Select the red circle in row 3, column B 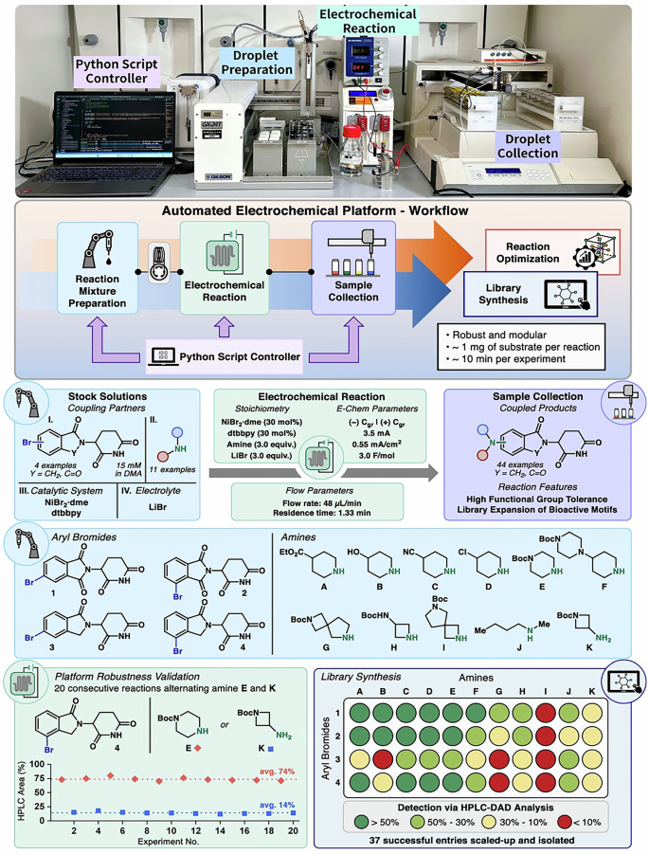click(x=384, y=758)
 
